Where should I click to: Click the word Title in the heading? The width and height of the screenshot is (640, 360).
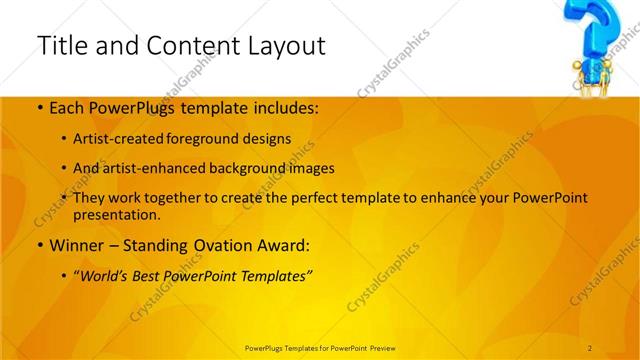tap(59, 46)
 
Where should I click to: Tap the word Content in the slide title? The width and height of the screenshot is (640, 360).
tap(184, 46)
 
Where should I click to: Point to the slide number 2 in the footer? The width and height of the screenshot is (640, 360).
tap(590, 347)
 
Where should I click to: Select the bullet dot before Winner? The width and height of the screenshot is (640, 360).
tap(39, 244)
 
